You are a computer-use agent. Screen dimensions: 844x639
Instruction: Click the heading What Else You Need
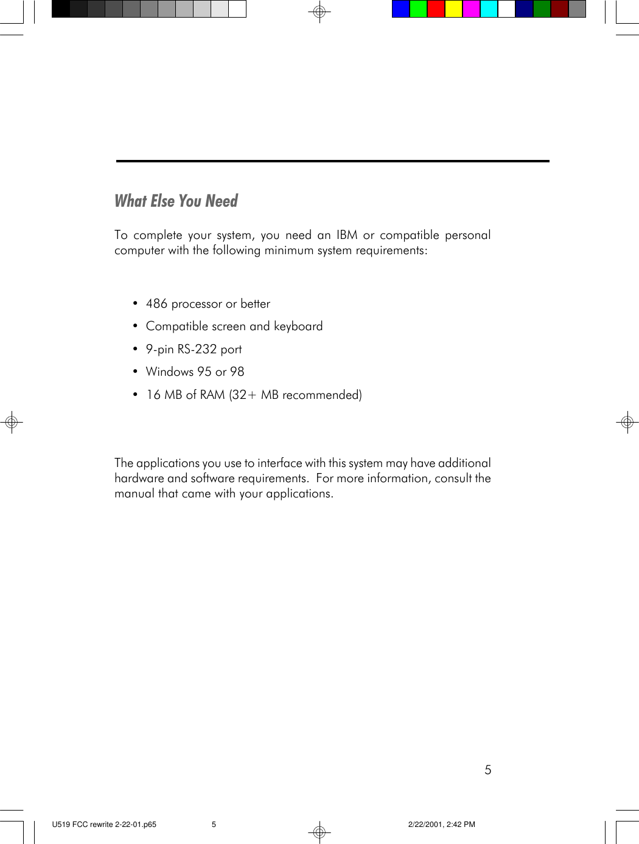176,201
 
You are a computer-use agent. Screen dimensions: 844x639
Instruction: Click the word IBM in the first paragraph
347,235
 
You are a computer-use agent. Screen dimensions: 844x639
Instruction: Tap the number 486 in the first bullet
156,303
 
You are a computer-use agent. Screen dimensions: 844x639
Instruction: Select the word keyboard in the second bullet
298,327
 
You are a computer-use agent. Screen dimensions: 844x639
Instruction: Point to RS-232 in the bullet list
197,349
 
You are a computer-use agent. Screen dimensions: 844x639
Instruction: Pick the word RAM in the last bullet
212,395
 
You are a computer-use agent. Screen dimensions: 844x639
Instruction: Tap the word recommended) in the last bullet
322,395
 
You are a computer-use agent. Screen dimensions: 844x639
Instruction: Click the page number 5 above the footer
488,770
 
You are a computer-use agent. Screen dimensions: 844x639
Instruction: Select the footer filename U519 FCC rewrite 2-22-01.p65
104,825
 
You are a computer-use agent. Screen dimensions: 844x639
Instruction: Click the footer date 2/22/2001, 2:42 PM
441,825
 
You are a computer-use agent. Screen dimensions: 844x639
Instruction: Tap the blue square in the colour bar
400,9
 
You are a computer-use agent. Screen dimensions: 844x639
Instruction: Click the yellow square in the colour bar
453,9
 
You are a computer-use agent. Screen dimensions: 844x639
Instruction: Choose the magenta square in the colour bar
471,9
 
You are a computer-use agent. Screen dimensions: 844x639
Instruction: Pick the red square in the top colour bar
436,9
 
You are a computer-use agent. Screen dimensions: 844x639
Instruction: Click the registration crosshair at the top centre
319,12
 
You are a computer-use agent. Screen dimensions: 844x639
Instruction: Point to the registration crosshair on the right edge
627,421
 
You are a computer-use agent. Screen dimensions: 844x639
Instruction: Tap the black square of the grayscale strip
61,9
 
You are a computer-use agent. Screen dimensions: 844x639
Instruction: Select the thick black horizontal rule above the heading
332,161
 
